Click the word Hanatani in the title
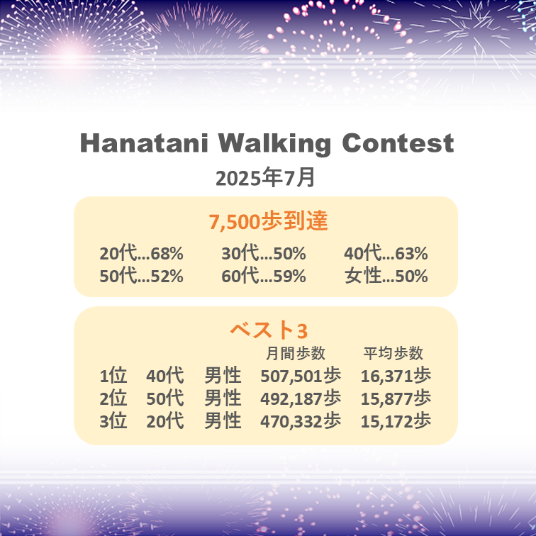144,143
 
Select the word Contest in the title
398,143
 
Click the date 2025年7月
265,177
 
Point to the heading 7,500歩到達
268,221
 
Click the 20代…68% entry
141,253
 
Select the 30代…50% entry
264,253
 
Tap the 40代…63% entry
386,253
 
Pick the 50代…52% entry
141,276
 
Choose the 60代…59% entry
264,276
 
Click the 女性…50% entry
386,276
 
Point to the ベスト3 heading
269,330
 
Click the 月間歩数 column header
296,353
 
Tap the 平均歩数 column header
393,353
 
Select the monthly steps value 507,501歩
301,376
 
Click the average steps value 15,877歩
396,398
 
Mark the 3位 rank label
113,421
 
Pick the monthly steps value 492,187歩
301,398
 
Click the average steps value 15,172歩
396,421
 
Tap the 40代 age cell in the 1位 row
165,376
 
